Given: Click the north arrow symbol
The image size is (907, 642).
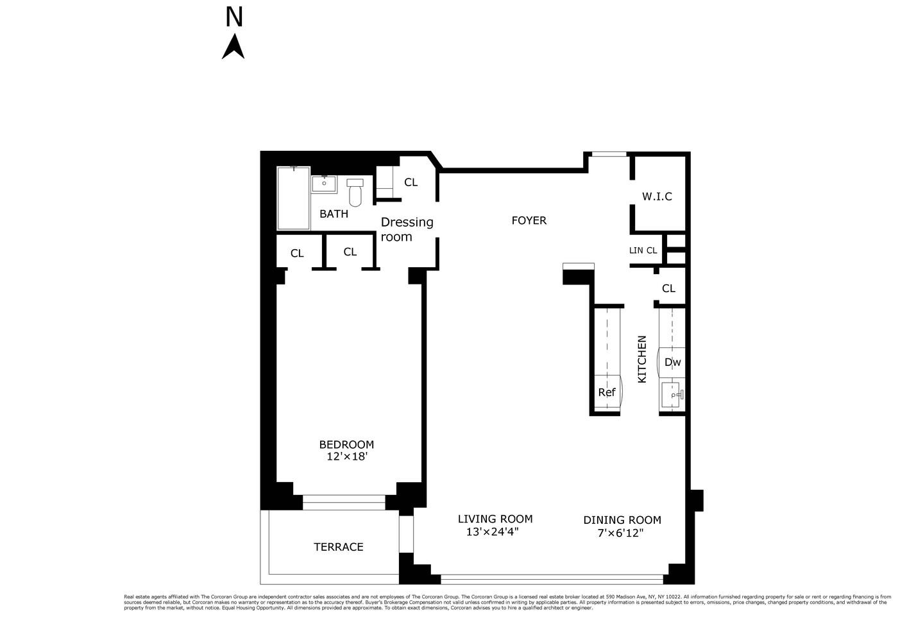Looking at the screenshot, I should (x=233, y=47).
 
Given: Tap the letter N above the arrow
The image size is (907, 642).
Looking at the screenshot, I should (x=234, y=17).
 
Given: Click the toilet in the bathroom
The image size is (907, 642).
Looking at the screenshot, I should (x=355, y=191).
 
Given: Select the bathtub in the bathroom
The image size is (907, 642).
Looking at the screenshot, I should (x=294, y=198).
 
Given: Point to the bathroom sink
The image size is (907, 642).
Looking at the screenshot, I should (x=324, y=184).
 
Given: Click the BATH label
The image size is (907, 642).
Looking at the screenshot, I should (x=334, y=214).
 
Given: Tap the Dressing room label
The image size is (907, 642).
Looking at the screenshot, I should (x=407, y=229).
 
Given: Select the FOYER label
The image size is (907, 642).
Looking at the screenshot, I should (x=529, y=221).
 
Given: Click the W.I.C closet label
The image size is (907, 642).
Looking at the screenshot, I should (x=657, y=196).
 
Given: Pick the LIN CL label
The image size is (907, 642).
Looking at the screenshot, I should (x=643, y=251).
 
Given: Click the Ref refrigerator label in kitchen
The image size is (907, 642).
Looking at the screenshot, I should (x=607, y=392).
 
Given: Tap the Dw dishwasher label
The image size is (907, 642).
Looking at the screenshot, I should (x=672, y=363).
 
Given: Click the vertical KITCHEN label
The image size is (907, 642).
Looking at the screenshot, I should (x=642, y=360).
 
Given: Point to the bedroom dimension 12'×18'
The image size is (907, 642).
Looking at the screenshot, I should (x=346, y=457).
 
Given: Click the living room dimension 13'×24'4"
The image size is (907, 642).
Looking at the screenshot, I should (x=492, y=532).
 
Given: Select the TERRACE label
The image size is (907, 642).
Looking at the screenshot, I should (x=338, y=547).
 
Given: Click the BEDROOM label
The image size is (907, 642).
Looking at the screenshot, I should (x=346, y=444).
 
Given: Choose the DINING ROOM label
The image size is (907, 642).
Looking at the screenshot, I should (x=622, y=520).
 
